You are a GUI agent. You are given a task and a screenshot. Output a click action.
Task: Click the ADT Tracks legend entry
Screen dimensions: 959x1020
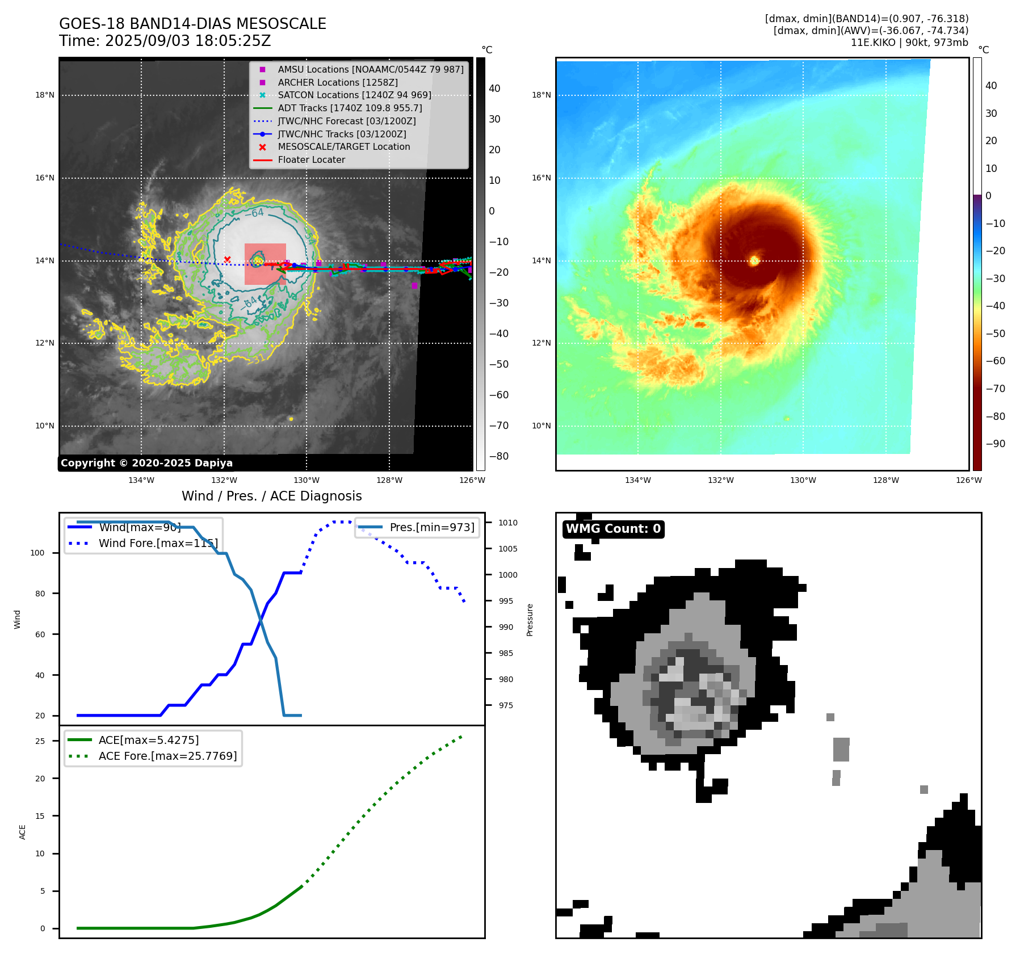pyautogui.click(x=350, y=108)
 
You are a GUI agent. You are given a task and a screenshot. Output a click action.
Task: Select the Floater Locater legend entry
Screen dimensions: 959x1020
pyautogui.click(x=311, y=159)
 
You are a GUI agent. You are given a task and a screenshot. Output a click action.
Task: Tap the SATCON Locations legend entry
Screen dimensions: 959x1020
pyautogui.click(x=354, y=95)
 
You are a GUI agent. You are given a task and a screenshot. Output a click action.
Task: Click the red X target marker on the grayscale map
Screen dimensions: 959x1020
pyautogui.click(x=227, y=259)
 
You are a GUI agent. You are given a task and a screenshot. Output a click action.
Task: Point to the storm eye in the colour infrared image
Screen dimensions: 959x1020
pyautogui.click(x=754, y=260)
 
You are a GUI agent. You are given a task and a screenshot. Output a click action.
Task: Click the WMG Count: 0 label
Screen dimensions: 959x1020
pyautogui.click(x=613, y=529)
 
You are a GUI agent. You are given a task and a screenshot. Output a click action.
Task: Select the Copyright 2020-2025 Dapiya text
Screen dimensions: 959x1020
pyautogui.click(x=146, y=463)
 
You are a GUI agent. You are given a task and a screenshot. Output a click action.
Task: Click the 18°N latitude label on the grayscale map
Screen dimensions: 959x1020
pyautogui.click(x=45, y=95)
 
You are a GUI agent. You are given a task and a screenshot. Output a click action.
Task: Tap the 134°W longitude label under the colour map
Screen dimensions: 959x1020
pyautogui.click(x=638, y=480)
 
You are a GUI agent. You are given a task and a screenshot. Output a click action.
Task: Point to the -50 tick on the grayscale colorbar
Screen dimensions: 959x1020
pyautogui.click(x=499, y=364)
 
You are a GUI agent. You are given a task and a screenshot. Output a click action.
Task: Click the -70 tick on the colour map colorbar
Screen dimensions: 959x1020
pyautogui.click(x=995, y=389)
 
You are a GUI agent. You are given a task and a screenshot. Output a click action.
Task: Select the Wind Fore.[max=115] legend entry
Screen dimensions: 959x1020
pyautogui.click(x=158, y=543)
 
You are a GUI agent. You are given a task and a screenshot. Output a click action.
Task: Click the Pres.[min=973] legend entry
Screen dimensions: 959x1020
pyautogui.click(x=431, y=527)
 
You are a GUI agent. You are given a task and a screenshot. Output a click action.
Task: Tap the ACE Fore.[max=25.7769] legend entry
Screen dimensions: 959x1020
pyautogui.click(x=167, y=756)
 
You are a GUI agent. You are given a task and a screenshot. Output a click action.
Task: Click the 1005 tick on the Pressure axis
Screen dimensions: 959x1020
pyautogui.click(x=508, y=549)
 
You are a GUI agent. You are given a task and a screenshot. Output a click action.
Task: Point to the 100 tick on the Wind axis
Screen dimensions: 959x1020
pyautogui.click(x=37, y=553)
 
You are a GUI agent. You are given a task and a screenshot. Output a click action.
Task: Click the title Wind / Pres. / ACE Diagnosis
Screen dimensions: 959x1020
pyautogui.click(x=271, y=496)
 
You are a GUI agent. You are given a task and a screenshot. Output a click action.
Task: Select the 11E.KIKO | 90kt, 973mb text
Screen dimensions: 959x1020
pyautogui.click(x=909, y=43)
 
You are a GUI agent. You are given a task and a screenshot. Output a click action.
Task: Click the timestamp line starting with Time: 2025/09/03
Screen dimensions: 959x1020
pyautogui.click(x=165, y=41)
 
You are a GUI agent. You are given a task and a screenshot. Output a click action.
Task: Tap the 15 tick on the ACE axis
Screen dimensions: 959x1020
pyautogui.click(x=40, y=816)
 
